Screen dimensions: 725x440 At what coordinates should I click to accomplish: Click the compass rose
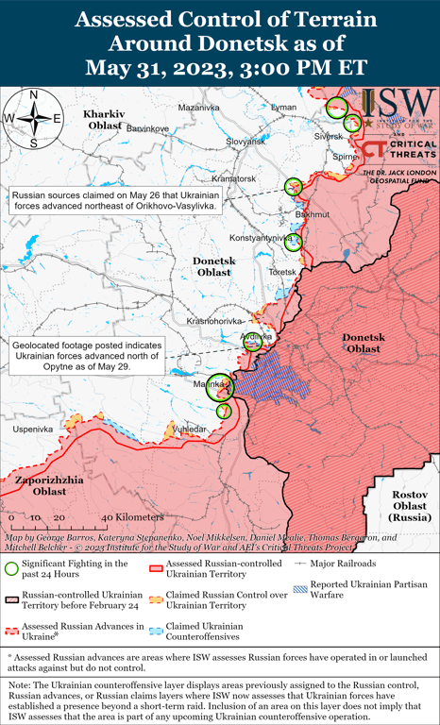coord(33,118)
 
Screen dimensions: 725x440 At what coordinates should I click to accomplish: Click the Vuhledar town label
coord(191,428)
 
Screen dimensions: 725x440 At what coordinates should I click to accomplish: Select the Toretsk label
coord(281,272)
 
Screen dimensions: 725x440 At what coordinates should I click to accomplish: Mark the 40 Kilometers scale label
coord(120,517)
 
